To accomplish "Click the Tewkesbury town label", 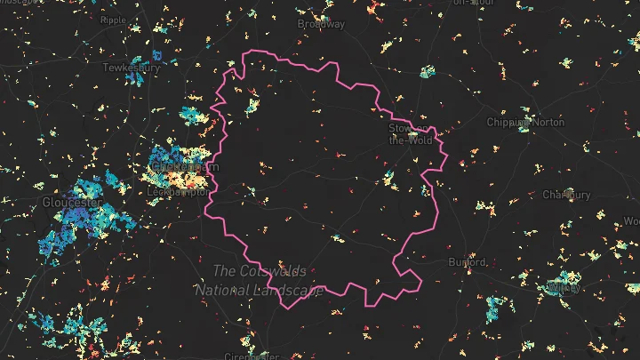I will click(132, 68).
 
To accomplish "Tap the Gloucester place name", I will click(71, 203).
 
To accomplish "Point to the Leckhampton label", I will click(179, 191).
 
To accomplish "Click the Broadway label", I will click(321, 24).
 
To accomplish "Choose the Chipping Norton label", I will click(525, 123).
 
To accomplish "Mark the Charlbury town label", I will click(565, 195).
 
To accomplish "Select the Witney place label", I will click(564, 287).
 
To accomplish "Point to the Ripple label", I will click(114, 20).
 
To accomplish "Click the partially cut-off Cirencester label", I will click(251, 356).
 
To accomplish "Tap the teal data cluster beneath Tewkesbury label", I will click(135, 78).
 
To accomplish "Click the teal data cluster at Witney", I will click(566, 283).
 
